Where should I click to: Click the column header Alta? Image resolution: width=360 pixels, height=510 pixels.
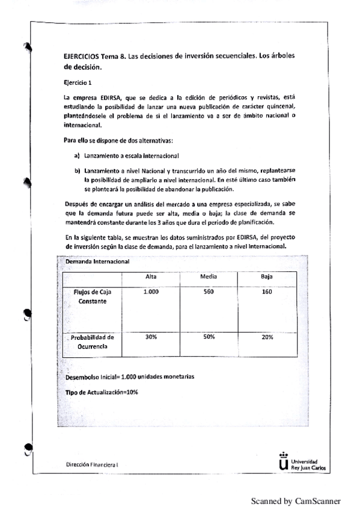[x=151, y=276]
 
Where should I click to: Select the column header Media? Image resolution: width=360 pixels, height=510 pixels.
[x=209, y=276]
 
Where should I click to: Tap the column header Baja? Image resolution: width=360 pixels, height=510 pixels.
[x=267, y=276]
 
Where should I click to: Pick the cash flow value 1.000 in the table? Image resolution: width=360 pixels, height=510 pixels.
[x=151, y=292]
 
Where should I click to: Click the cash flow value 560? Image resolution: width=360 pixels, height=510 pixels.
[x=209, y=292]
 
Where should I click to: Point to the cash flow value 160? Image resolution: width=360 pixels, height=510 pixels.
[x=267, y=292]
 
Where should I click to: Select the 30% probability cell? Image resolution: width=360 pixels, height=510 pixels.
[x=151, y=337]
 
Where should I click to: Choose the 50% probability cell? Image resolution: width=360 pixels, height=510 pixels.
[x=209, y=337]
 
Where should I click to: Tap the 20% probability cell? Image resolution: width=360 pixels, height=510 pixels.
[x=267, y=337]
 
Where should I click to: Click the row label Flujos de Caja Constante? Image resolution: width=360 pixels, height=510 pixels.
[x=93, y=296]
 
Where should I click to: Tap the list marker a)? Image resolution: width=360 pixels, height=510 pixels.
[x=78, y=155]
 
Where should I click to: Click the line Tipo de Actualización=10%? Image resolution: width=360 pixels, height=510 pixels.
[x=102, y=392]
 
